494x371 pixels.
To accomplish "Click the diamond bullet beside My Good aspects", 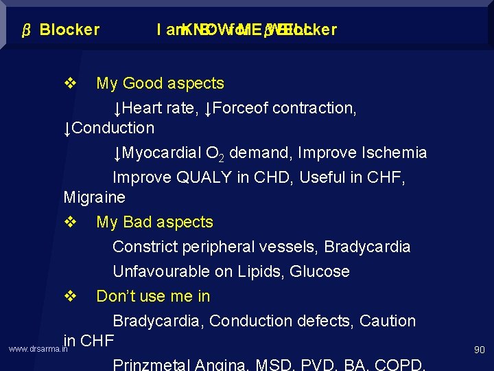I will [69, 84].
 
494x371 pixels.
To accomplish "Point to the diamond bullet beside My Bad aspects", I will [69, 223].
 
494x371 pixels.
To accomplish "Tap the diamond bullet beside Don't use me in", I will [69, 297].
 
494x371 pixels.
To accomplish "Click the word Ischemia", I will [395, 153].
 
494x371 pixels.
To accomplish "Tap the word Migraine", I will [94, 198].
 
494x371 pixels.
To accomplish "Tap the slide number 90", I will [479, 350].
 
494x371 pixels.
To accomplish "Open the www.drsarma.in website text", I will [38, 350].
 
